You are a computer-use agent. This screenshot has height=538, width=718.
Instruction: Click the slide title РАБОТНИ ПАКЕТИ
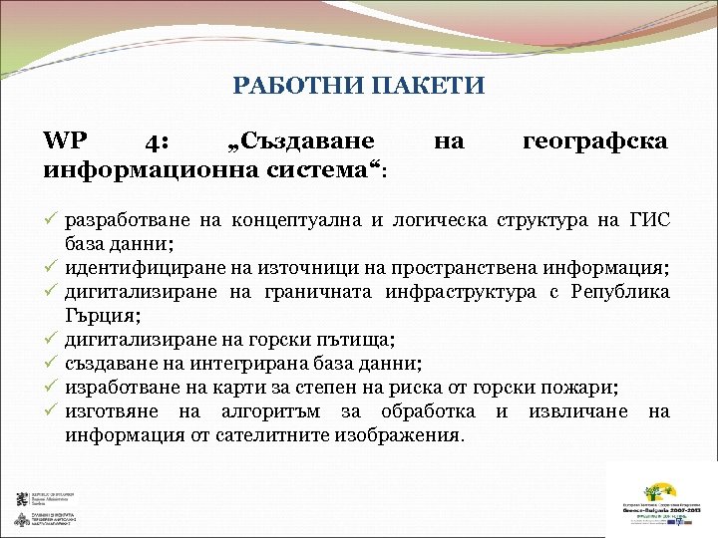358,87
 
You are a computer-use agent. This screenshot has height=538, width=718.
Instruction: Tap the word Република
620,293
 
